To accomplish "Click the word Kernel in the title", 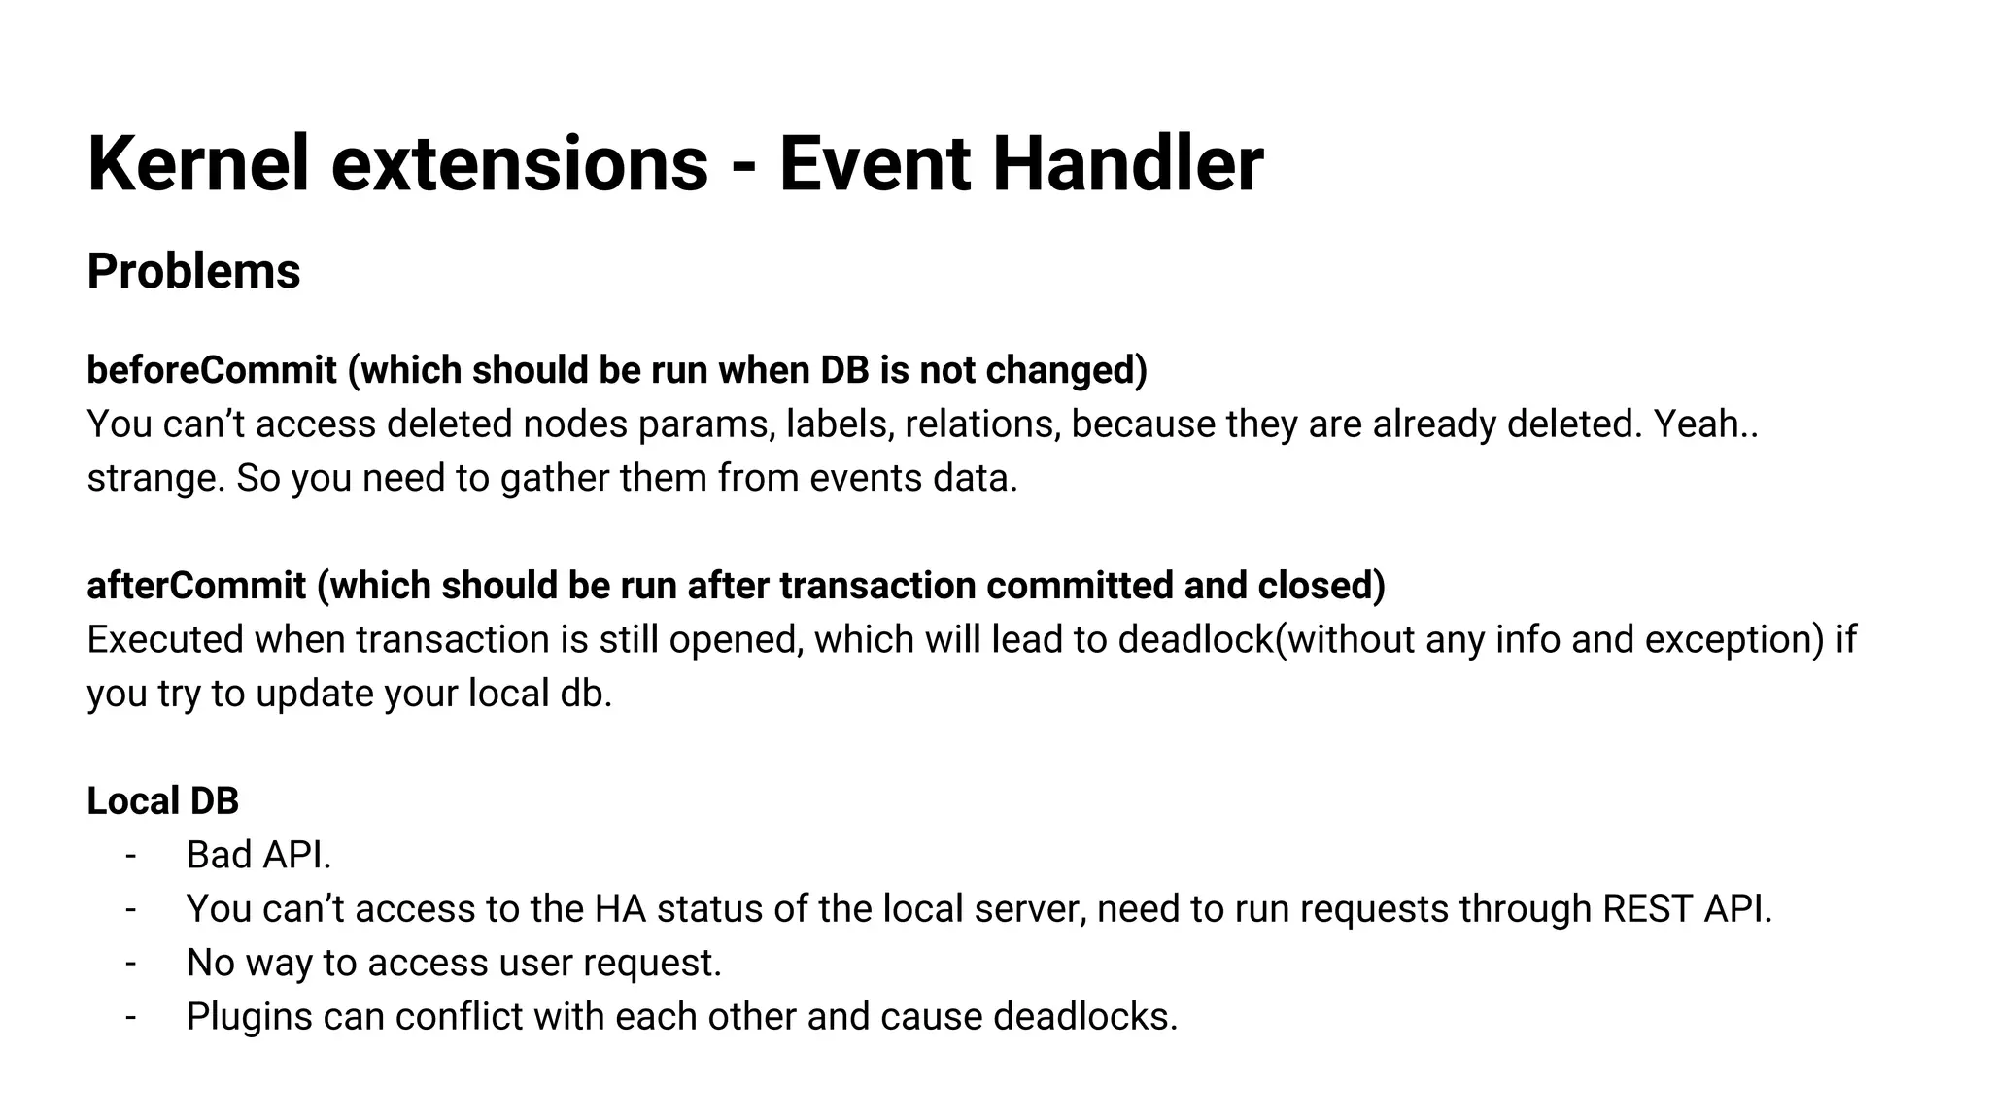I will pyautogui.click(x=197, y=163).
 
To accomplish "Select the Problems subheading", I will pyautogui.click(x=193, y=271).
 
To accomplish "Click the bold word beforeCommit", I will pyautogui.click(x=212, y=370).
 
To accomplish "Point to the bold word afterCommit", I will pyautogui.click(x=196, y=586).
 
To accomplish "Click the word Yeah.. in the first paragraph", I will pyautogui.click(x=1705, y=424).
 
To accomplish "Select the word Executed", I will pyautogui.click(x=164, y=640).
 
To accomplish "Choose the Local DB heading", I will pyautogui.click(x=162, y=801).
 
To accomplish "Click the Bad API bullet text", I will pyautogui.click(x=258, y=856).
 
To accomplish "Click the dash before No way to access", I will pyautogui.click(x=131, y=964).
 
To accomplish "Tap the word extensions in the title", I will pyautogui.click(x=520, y=163).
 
